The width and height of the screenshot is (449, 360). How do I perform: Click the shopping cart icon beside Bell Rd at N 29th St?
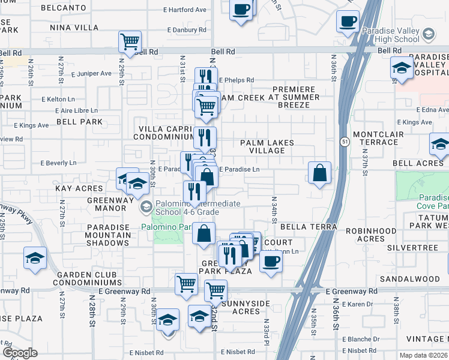[x=130, y=42]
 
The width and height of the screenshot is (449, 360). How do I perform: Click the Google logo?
[x=20, y=353]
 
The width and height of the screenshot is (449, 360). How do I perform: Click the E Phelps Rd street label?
[x=236, y=80]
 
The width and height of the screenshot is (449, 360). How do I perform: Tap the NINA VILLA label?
[x=74, y=28]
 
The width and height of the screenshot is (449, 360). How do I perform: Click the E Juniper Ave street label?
[x=91, y=74]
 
